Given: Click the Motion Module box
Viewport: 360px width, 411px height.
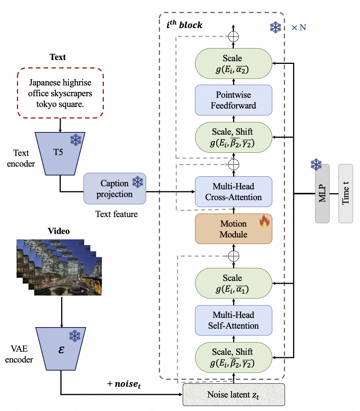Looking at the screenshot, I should click(233, 229).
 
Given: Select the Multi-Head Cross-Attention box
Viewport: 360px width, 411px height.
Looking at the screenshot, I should click(233, 192).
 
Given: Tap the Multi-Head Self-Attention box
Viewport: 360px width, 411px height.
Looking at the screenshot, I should click(233, 320).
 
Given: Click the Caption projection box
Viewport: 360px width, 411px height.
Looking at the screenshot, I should click(115, 189).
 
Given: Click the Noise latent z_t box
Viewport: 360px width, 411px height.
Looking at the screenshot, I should click(233, 394).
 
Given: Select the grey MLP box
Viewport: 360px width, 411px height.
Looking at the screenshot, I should click(322, 194).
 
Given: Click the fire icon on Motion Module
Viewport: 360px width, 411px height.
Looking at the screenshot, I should click(264, 222).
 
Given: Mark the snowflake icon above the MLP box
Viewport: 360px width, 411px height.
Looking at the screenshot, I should click(316, 165).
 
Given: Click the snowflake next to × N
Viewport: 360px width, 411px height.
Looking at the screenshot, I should click(275, 27).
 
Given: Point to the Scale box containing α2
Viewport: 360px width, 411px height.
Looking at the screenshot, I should click(233, 63).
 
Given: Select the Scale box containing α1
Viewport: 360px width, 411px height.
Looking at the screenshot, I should click(233, 283).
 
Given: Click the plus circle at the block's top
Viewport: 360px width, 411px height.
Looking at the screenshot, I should click(233, 37).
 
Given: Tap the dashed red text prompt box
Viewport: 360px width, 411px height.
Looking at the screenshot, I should click(61, 94).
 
